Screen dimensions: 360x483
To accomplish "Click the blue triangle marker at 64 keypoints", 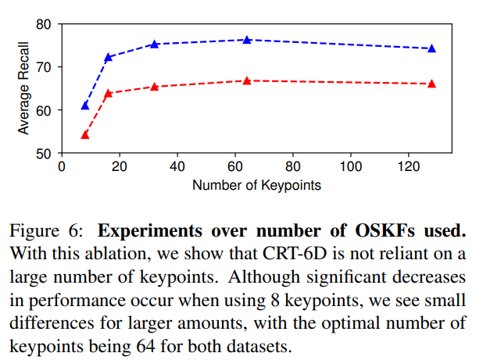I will tap(247, 40).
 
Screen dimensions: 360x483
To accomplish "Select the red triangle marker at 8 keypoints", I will tap(85, 135).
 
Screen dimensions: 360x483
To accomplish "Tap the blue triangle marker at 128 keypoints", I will tap(431, 48).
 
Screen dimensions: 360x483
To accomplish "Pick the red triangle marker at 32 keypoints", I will tap(155, 87).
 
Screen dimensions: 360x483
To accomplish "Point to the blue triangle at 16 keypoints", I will tap(109, 57).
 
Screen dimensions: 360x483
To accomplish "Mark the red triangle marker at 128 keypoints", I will tap(431, 84).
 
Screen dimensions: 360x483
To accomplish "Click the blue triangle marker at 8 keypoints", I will tap(85, 105).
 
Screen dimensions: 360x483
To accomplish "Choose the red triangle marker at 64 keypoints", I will tap(247, 80).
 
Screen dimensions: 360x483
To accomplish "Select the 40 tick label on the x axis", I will tap(177, 167).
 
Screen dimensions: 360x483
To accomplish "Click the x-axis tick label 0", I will tap(62, 167).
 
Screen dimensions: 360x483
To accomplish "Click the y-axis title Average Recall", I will tap(23, 89).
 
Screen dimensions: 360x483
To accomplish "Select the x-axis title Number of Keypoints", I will tap(256, 186).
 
